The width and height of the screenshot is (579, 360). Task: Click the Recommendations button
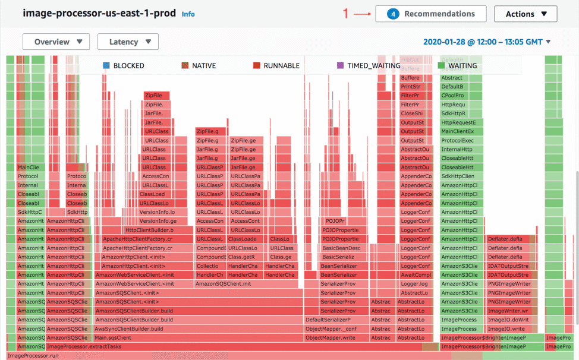430,14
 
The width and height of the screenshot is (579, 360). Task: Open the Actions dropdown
525,14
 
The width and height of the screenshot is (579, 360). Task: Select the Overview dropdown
56,42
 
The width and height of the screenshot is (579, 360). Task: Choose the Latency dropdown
128,42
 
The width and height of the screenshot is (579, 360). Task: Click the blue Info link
188,14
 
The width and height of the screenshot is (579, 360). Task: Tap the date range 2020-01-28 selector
487,42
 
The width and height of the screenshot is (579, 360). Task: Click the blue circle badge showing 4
393,14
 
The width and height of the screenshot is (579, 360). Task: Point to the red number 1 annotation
346,13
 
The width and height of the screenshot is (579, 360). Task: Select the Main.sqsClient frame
112,337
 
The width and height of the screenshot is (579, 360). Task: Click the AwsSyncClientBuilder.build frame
128,329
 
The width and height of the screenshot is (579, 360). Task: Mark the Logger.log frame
414,284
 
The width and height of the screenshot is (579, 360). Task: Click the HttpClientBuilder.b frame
149,230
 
